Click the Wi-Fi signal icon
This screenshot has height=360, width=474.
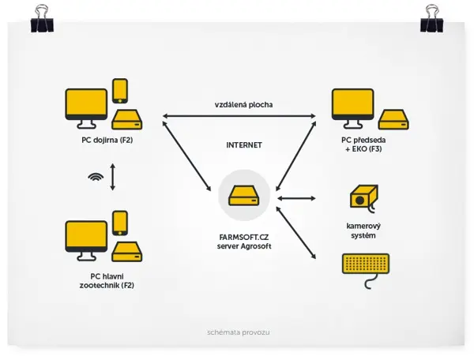tap(96, 177)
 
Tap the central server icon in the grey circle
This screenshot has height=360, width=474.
tap(244, 196)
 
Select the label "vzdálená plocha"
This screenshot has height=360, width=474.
tap(243, 105)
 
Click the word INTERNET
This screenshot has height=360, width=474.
tap(244, 145)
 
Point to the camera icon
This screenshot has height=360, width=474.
tap(364, 197)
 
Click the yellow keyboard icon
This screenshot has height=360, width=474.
tap(366, 264)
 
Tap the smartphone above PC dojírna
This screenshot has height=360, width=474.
tap(120, 91)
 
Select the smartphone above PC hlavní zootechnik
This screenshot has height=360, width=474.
tap(120, 223)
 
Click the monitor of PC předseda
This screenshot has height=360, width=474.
tap(353, 108)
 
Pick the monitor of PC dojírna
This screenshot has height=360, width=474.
tap(86, 108)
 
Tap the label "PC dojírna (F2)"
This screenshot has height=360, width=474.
tap(107, 141)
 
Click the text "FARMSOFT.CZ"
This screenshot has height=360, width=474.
tap(244, 238)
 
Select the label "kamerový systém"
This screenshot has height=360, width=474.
tap(363, 231)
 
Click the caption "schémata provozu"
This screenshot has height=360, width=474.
tap(239, 332)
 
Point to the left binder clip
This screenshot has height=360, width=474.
tap(42, 19)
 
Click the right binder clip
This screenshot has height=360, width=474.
tap(432, 19)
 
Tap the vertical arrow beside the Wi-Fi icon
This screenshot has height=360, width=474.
tap(113, 177)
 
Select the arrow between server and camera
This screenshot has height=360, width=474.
tap(296, 198)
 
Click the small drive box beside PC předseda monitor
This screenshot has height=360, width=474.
tap(394, 119)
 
